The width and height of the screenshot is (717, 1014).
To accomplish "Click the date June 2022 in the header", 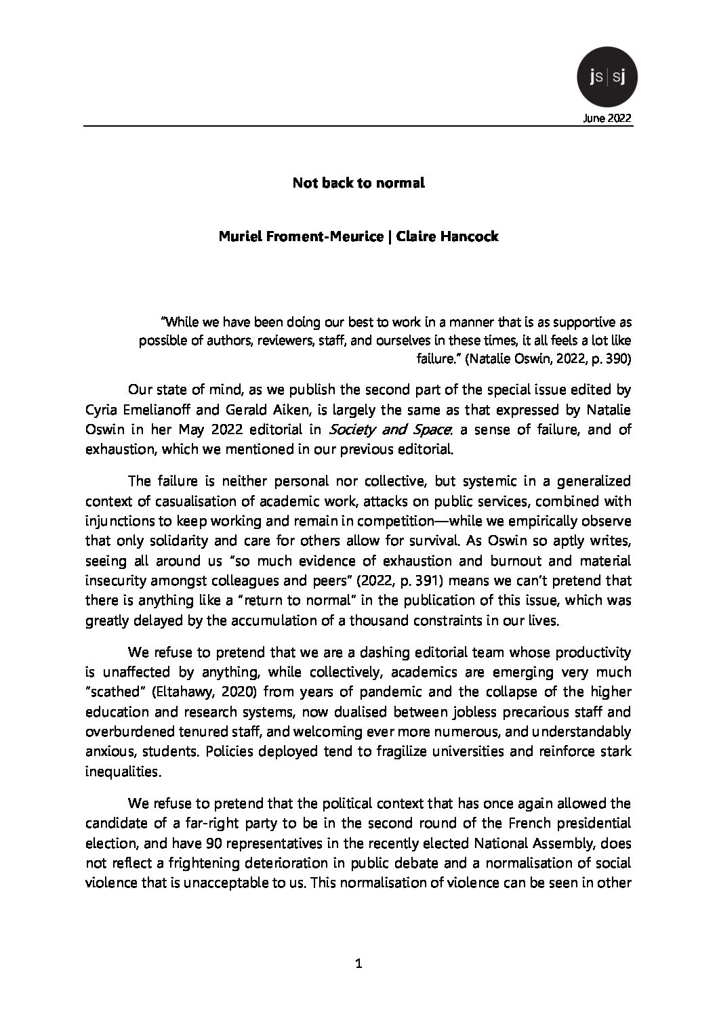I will pyautogui.click(x=607, y=118).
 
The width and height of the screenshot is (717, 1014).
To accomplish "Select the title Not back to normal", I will pyautogui.click(x=358, y=183).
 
